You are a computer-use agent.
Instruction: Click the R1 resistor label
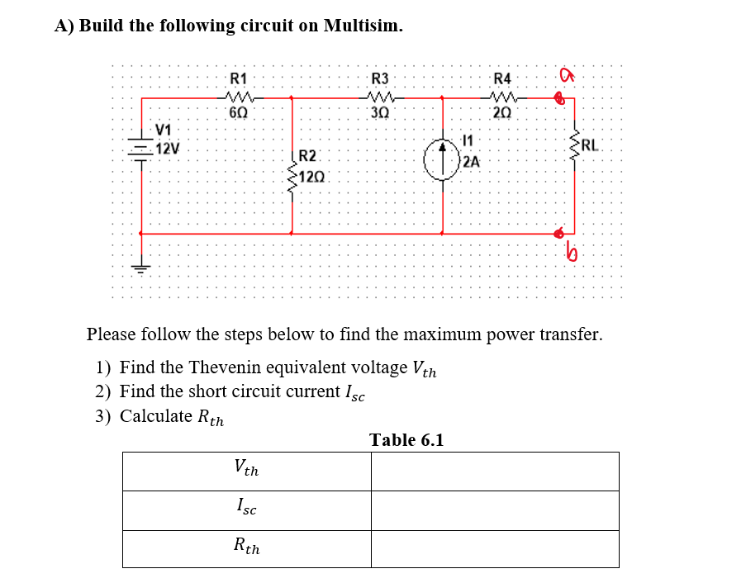pyautogui.click(x=238, y=79)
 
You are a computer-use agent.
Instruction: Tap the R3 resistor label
pyautogui.click(x=380, y=79)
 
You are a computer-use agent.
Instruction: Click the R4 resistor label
pyautogui.click(x=502, y=79)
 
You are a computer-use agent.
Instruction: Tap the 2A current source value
pyautogui.click(x=471, y=161)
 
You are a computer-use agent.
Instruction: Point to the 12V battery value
pyautogui.click(x=170, y=149)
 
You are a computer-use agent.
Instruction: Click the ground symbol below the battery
pyautogui.click(x=140, y=267)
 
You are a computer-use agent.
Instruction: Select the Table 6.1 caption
pyautogui.click(x=406, y=439)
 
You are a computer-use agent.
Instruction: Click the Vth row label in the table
pyautogui.click(x=246, y=470)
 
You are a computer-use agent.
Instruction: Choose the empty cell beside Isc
pyautogui.click(x=494, y=510)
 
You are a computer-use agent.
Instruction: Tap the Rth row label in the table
pyautogui.click(x=246, y=546)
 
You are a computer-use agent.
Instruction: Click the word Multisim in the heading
pyautogui.click(x=363, y=26)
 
